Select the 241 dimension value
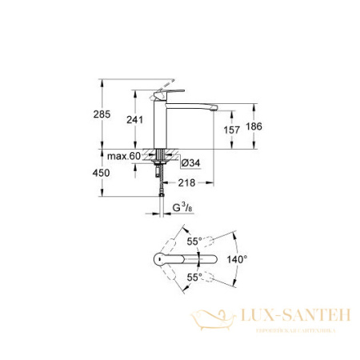(136, 120)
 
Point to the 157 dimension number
(231, 129)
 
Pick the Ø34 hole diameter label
(190, 164)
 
